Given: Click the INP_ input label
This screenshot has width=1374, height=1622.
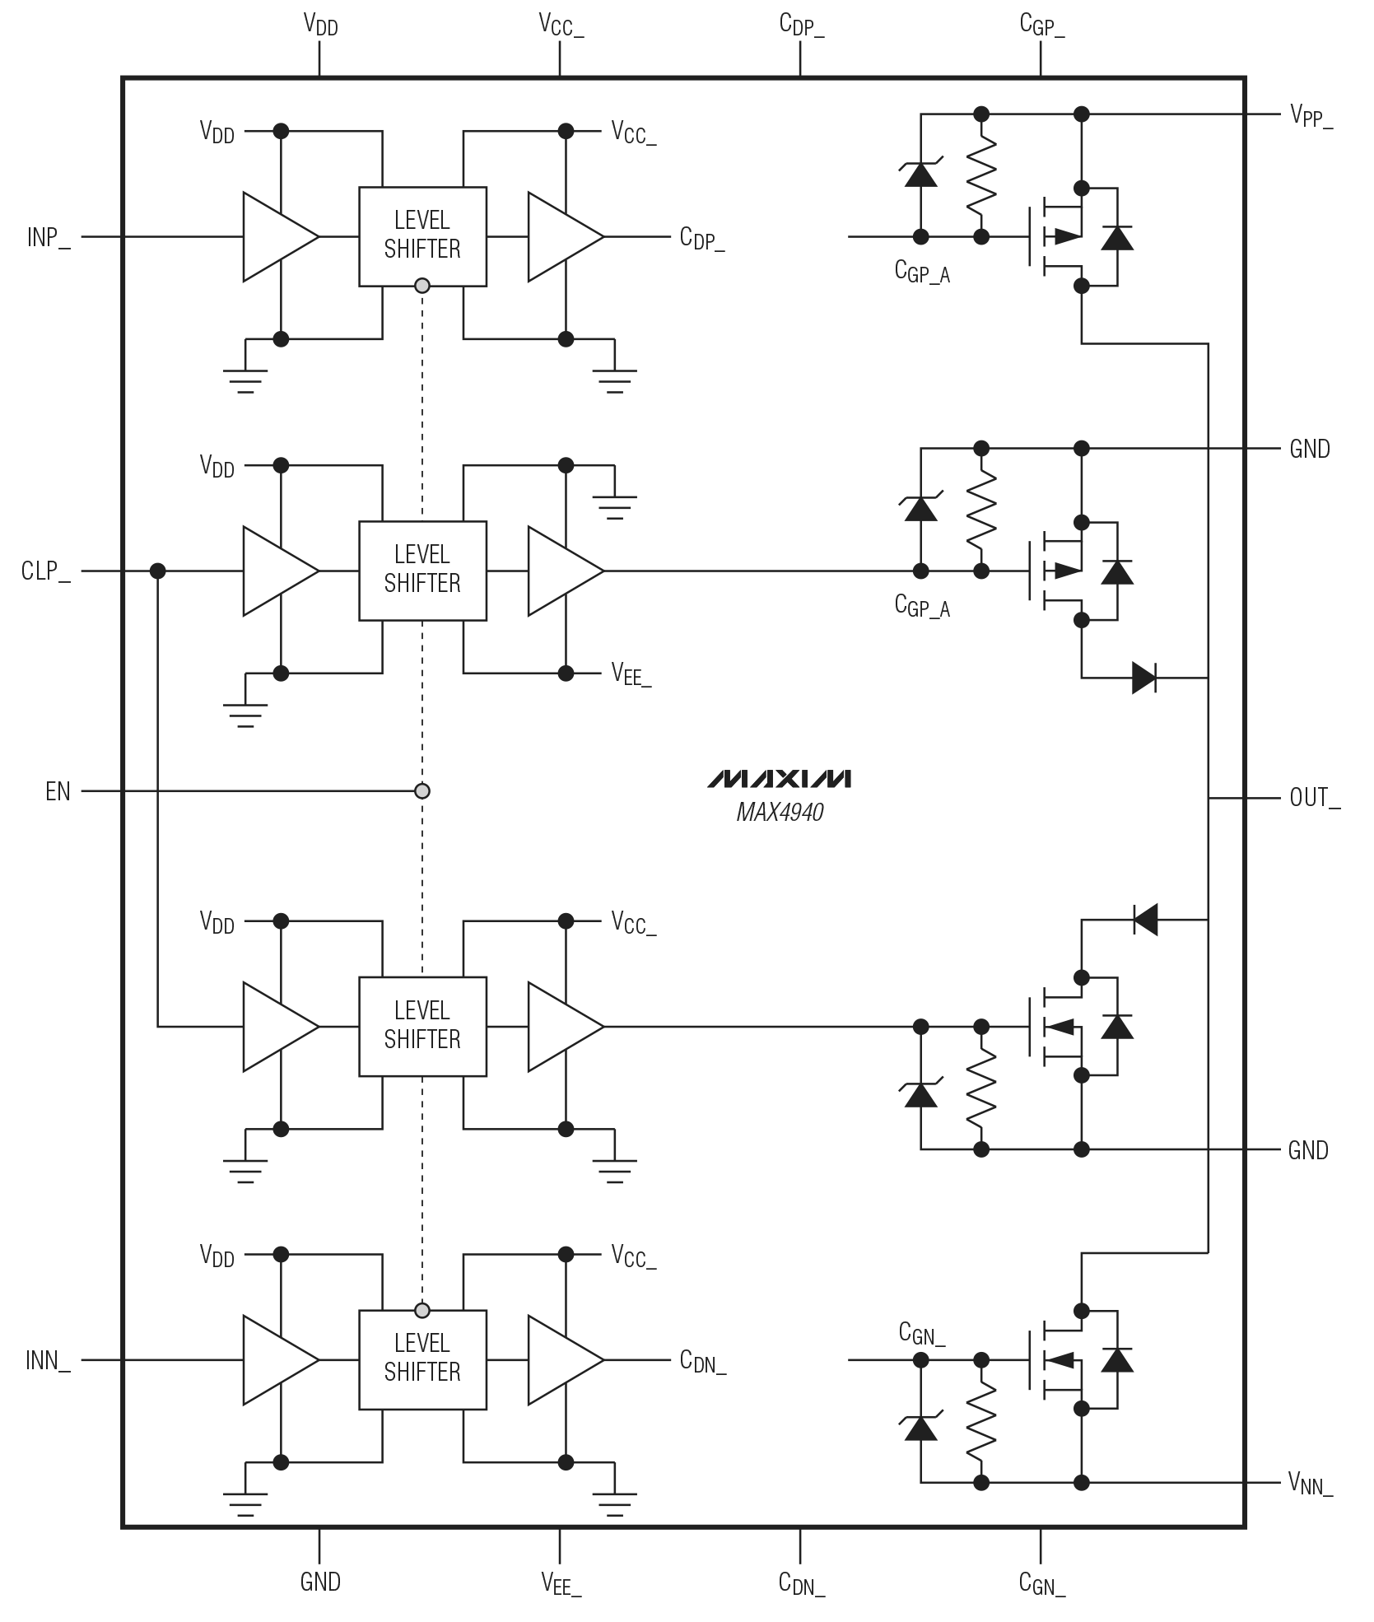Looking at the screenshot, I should coord(49,238).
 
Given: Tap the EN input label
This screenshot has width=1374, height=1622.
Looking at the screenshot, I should coord(58,792).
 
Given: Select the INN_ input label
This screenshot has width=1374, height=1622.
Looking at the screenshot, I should coord(48,1361).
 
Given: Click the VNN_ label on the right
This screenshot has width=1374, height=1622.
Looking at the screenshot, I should coord(1310,1484).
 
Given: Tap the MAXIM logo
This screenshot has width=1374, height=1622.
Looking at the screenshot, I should coord(779,780).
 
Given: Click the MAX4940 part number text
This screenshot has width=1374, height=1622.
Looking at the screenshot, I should coord(780,813).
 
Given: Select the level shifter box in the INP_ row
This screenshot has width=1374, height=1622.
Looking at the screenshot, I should coord(422,236).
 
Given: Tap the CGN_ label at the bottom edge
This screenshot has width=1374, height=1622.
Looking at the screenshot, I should coord(1041,1582).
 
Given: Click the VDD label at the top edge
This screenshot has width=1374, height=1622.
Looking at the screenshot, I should coord(320,25).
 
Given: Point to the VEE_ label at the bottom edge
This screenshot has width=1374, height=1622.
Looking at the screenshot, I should coord(561,1582).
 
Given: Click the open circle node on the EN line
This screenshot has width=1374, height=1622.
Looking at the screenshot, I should coord(422,791).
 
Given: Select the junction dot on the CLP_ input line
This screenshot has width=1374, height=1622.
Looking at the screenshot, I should coord(158,571).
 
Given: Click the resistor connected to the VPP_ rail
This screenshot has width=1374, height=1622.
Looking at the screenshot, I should coord(980,175).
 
